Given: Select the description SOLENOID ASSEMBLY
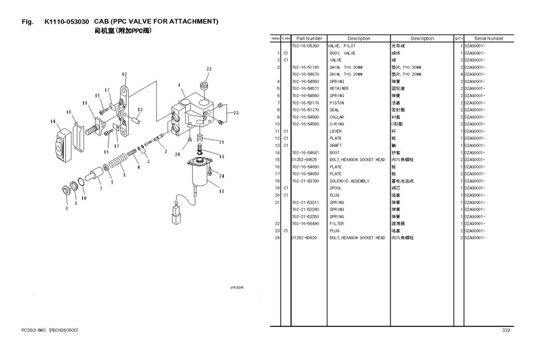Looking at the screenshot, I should click(x=350, y=181).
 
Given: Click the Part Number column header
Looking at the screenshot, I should click(x=309, y=38).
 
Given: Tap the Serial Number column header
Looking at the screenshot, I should click(x=489, y=38).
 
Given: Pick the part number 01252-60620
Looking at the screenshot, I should click(x=304, y=237).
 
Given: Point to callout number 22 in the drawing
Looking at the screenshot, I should click(x=209, y=69).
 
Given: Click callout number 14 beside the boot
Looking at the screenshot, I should click(x=52, y=121).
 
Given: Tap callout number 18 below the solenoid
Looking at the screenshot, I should click(x=221, y=190).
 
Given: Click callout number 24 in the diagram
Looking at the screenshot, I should click(x=221, y=176).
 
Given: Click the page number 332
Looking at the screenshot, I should click(x=505, y=330).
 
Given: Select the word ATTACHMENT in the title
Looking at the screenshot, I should click(x=188, y=22).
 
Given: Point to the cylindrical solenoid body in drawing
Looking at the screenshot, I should click(x=202, y=175).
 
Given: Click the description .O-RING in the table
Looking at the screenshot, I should click(x=338, y=124).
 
